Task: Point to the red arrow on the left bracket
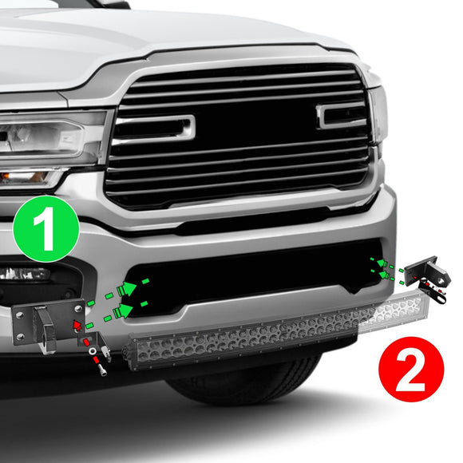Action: (x=77, y=326)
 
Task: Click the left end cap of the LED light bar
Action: (x=133, y=352)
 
